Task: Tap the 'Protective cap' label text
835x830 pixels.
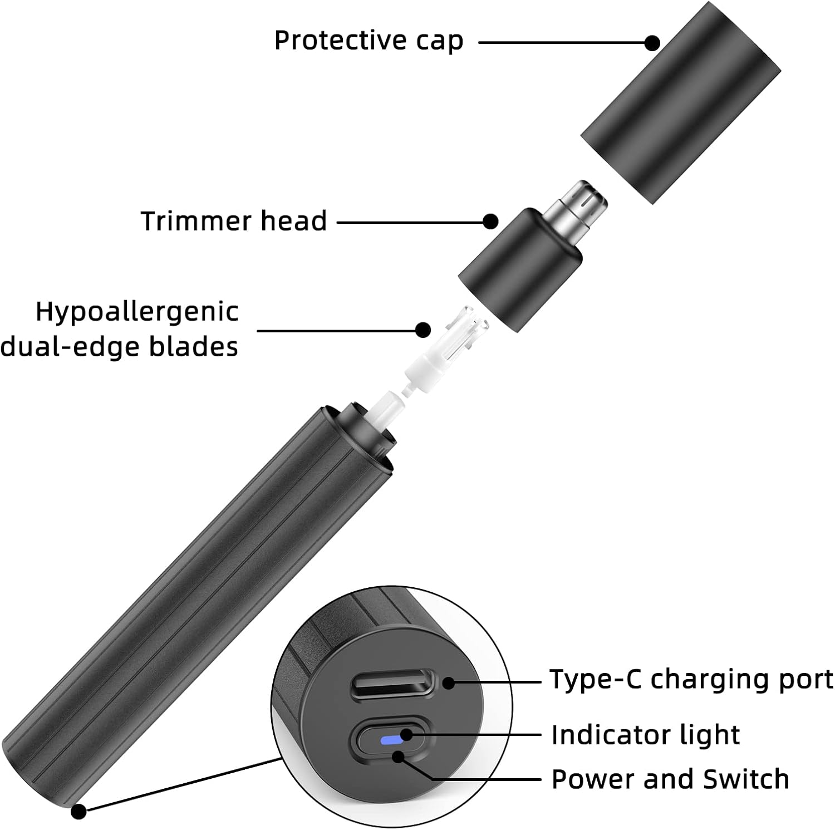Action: pyautogui.click(x=369, y=41)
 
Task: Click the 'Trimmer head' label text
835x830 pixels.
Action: pyautogui.click(x=233, y=221)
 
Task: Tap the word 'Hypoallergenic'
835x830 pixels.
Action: pyautogui.click(x=137, y=312)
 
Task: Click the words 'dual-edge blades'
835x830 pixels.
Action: pyautogui.click(x=119, y=346)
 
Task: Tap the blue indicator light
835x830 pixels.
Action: pyautogui.click(x=391, y=741)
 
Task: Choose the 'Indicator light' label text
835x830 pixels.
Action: pyautogui.click(x=645, y=735)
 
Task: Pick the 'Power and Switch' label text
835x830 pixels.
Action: pyautogui.click(x=670, y=779)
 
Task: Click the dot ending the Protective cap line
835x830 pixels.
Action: pyautogui.click(x=652, y=43)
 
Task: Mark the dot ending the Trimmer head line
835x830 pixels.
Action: pyautogui.click(x=490, y=222)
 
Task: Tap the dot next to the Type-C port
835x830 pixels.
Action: pyautogui.click(x=449, y=682)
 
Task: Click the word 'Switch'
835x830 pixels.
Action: pyautogui.click(x=746, y=779)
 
